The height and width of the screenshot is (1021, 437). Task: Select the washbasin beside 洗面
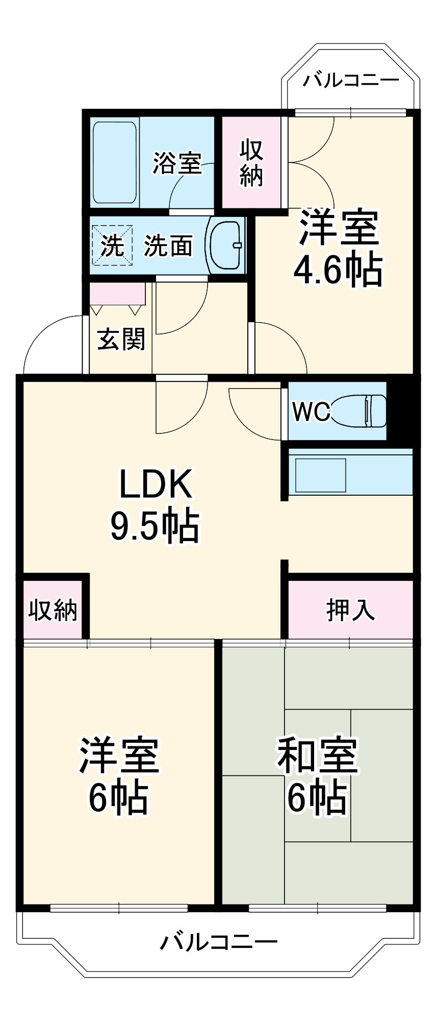pos(225,245)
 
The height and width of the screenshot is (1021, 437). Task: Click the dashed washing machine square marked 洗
pos(112,246)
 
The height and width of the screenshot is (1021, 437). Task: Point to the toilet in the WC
pos(360,410)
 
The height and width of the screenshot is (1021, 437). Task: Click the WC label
pos(310,411)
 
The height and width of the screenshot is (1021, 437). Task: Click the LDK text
pos(156,484)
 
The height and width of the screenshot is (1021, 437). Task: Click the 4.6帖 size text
pos(337,270)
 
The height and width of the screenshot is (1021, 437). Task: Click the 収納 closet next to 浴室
pos(251,162)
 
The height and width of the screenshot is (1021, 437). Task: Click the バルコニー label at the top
pos(351,81)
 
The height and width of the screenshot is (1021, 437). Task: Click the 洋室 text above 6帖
pos(119,755)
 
